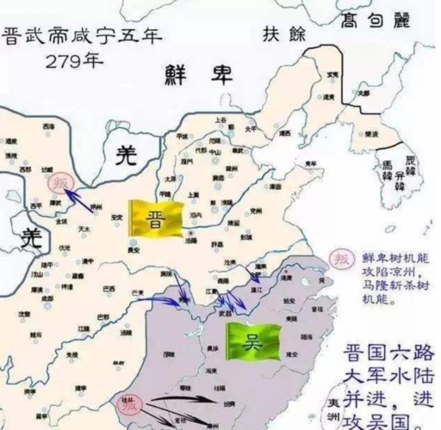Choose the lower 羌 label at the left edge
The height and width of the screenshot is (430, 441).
tap(31, 236)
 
